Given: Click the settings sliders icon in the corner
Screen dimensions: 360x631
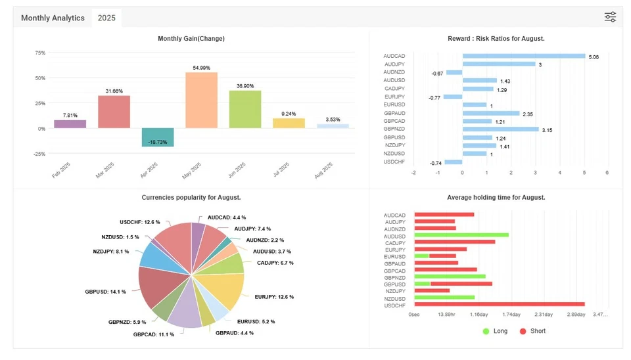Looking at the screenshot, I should point(610,17).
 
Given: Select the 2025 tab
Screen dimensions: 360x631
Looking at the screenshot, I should point(106,18).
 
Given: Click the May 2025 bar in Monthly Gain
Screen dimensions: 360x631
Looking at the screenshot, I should point(201,100).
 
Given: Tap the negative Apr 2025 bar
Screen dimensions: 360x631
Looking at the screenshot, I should point(158,137).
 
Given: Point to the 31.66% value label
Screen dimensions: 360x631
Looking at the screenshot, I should point(114,91).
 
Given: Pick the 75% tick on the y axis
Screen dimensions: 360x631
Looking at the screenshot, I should point(40,53).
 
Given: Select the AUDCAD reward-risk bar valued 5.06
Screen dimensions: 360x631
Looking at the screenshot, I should point(523,56).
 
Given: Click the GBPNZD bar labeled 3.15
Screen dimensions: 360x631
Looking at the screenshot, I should point(500,129).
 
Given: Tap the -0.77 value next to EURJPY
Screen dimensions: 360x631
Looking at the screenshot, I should point(434,97).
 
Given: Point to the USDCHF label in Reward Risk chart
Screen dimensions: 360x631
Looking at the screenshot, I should point(394,162).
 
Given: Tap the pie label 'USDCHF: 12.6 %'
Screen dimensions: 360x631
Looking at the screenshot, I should point(140,222).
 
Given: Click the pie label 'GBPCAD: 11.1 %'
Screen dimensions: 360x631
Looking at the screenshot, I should point(154,334).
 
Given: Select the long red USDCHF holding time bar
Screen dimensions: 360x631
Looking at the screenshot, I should point(499,304).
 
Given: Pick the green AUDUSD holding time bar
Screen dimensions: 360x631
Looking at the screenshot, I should point(461,235).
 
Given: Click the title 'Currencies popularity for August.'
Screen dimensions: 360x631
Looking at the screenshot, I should point(191,197).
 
